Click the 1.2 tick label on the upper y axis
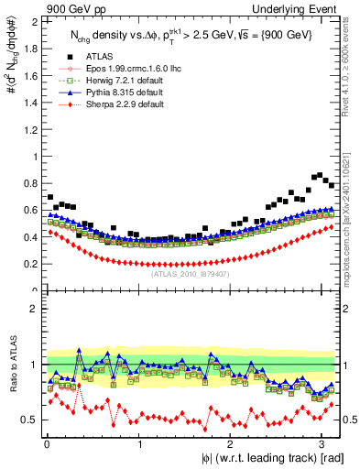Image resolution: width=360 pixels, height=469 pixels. (x=30, y=129)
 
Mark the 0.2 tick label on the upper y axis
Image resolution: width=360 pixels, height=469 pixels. (x=30, y=264)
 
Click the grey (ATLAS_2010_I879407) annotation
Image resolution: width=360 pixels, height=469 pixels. (x=190, y=273)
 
